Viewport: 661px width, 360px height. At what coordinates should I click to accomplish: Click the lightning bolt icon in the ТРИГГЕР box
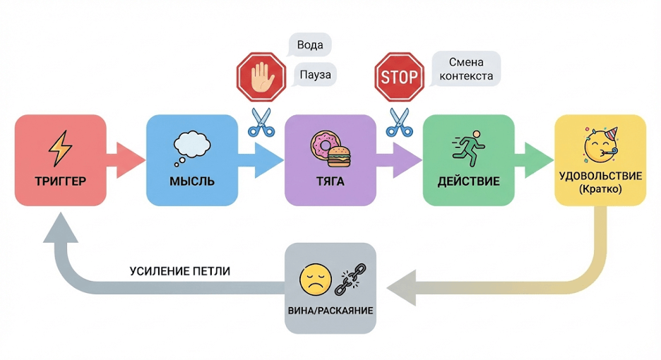tap(60, 148)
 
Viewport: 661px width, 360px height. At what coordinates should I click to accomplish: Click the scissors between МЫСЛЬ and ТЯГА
tap(261, 122)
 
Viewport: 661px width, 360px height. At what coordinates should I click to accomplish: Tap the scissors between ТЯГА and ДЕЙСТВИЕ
tap(399, 122)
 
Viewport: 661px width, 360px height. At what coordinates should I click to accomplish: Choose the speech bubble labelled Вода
tap(310, 45)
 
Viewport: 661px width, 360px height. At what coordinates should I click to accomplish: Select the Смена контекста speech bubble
tap(466, 68)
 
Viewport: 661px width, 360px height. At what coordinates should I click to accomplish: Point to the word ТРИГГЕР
tap(60, 181)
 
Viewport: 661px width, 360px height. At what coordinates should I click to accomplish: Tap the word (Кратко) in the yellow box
tap(600, 188)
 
